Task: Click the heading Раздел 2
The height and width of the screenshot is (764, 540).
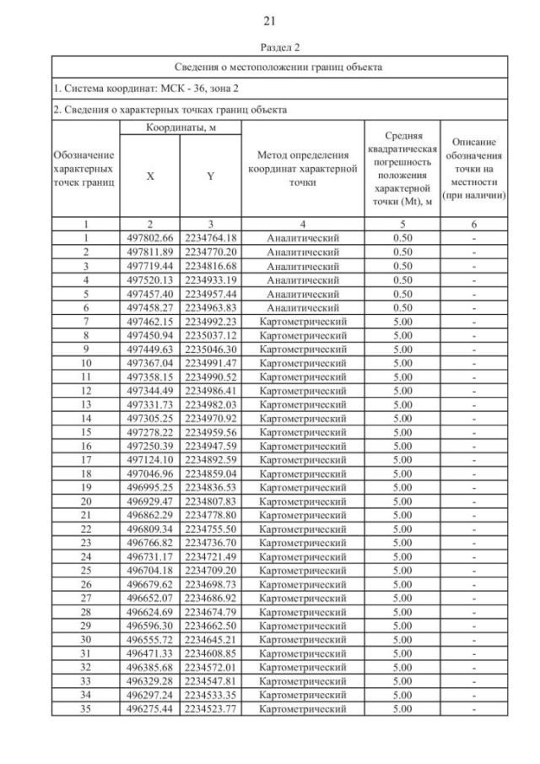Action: coord(270,49)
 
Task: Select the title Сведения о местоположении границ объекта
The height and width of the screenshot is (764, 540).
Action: coord(278,66)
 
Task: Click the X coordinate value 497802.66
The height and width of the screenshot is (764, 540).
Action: coord(148,238)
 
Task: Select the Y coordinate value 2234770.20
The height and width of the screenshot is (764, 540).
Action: coord(210,252)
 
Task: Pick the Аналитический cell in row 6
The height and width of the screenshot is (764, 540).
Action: coord(302,307)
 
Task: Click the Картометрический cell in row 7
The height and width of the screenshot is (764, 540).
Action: coord(302,321)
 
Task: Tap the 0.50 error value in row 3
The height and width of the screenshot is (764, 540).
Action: coord(402,266)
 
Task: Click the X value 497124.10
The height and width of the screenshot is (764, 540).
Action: coord(148,459)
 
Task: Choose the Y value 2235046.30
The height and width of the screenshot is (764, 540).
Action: coord(210,349)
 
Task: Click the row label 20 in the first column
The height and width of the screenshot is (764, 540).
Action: coord(85,501)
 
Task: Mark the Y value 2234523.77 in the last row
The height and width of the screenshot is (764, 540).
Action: coord(210,708)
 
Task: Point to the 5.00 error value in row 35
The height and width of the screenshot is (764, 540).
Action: coord(402,708)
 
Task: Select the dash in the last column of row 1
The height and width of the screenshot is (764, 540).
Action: coord(474,238)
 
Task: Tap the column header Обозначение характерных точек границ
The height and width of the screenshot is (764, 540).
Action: coord(85,168)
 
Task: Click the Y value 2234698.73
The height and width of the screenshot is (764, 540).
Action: coord(210,584)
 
